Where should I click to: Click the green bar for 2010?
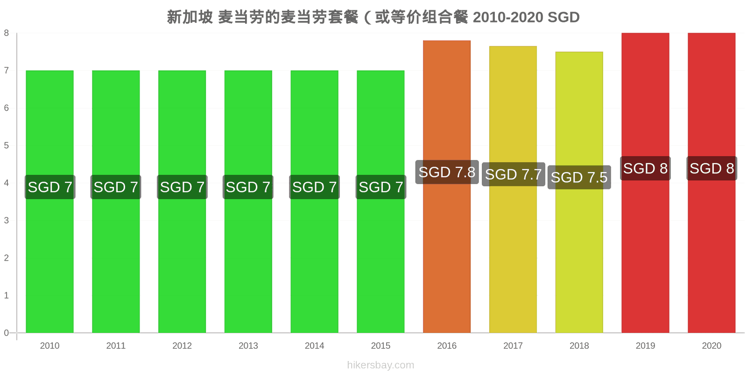(49, 201)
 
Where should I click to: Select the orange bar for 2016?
(447, 187)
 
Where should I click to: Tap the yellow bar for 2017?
(513, 189)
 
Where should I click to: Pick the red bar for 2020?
(712, 183)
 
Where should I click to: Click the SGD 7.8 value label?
(447, 172)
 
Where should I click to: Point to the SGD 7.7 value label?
(513, 174)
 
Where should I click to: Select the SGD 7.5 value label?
(579, 177)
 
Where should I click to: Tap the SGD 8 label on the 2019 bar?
(645, 168)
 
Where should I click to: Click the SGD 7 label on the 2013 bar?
(248, 187)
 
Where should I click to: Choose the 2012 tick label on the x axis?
(182, 345)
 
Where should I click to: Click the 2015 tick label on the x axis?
(381, 345)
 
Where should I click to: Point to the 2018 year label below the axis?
(579, 345)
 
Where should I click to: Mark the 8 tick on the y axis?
(7, 33)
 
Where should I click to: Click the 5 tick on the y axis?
(7, 145)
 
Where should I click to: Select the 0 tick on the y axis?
(7, 332)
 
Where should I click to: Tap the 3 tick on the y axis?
(7, 220)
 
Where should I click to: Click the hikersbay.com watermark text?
(381, 365)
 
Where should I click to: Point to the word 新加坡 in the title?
(190, 17)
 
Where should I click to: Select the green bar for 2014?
(315, 201)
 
